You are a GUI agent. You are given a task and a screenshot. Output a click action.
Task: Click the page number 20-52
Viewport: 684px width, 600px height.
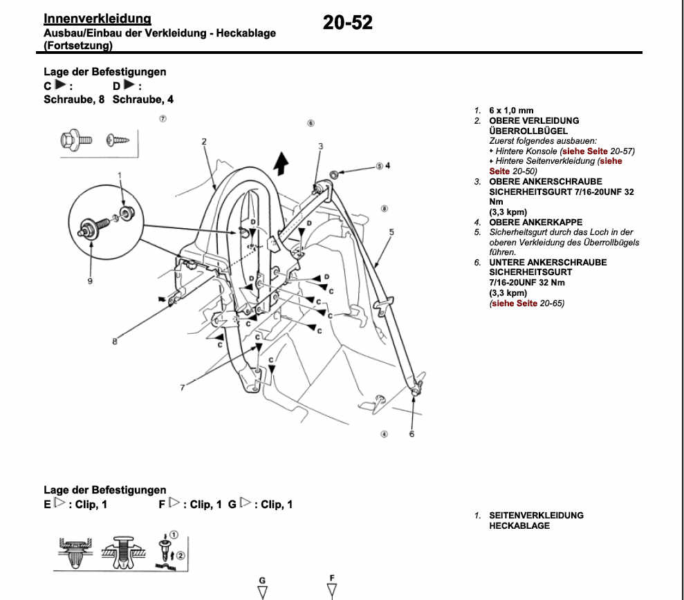coord(347,23)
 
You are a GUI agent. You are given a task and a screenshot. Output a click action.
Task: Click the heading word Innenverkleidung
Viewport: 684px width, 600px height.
coord(97,19)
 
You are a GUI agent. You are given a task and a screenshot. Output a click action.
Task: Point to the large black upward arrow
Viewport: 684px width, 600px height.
coord(280,164)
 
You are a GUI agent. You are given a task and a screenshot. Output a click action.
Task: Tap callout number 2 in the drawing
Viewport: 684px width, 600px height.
coord(205,142)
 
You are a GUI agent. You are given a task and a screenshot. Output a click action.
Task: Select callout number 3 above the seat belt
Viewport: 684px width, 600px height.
coord(321,146)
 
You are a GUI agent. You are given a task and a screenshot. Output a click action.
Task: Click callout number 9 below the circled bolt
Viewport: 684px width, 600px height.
coord(89,281)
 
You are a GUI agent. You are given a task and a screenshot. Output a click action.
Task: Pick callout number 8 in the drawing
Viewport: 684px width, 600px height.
coord(115,340)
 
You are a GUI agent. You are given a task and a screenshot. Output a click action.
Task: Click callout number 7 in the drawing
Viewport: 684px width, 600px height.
coord(183,388)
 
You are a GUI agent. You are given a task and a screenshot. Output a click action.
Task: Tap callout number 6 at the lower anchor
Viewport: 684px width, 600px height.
coord(412,433)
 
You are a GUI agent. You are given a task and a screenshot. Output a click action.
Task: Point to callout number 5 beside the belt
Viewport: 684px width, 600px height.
coord(391,232)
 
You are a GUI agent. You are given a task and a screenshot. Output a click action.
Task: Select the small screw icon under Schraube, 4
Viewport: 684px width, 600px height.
coord(118,141)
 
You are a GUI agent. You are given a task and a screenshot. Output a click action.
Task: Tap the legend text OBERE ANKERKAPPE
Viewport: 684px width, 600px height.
coord(535,223)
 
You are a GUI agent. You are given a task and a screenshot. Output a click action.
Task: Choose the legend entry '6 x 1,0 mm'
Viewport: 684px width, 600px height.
coord(511,111)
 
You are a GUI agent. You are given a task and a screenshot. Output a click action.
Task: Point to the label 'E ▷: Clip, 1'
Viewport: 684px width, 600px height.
coord(75,505)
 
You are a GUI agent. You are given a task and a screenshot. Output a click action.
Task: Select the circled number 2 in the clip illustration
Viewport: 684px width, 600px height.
coord(181,555)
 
